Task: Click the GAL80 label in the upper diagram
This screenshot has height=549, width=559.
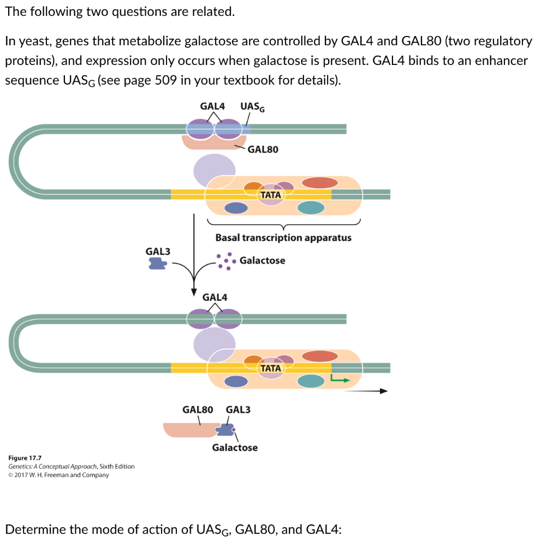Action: tap(263, 149)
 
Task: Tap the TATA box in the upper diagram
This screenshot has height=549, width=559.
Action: tap(271, 195)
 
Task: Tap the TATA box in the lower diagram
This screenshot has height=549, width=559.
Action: tap(271, 368)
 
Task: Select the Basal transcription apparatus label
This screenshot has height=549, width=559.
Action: tap(283, 238)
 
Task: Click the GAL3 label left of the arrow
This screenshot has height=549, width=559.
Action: tap(158, 251)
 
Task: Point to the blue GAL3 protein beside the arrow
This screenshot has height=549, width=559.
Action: tap(158, 264)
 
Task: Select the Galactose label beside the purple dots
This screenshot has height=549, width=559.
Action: tap(262, 260)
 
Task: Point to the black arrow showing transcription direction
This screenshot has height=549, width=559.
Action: tap(367, 391)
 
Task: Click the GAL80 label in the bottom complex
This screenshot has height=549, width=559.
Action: tap(197, 409)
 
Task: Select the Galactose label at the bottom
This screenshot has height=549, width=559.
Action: tap(235, 447)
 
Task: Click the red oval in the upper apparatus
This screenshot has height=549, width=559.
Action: tap(320, 183)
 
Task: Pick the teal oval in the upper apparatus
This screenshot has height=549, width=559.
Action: tap(311, 207)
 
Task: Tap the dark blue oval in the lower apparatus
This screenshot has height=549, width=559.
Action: tap(236, 381)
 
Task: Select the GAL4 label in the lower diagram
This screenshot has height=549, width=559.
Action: tap(215, 297)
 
